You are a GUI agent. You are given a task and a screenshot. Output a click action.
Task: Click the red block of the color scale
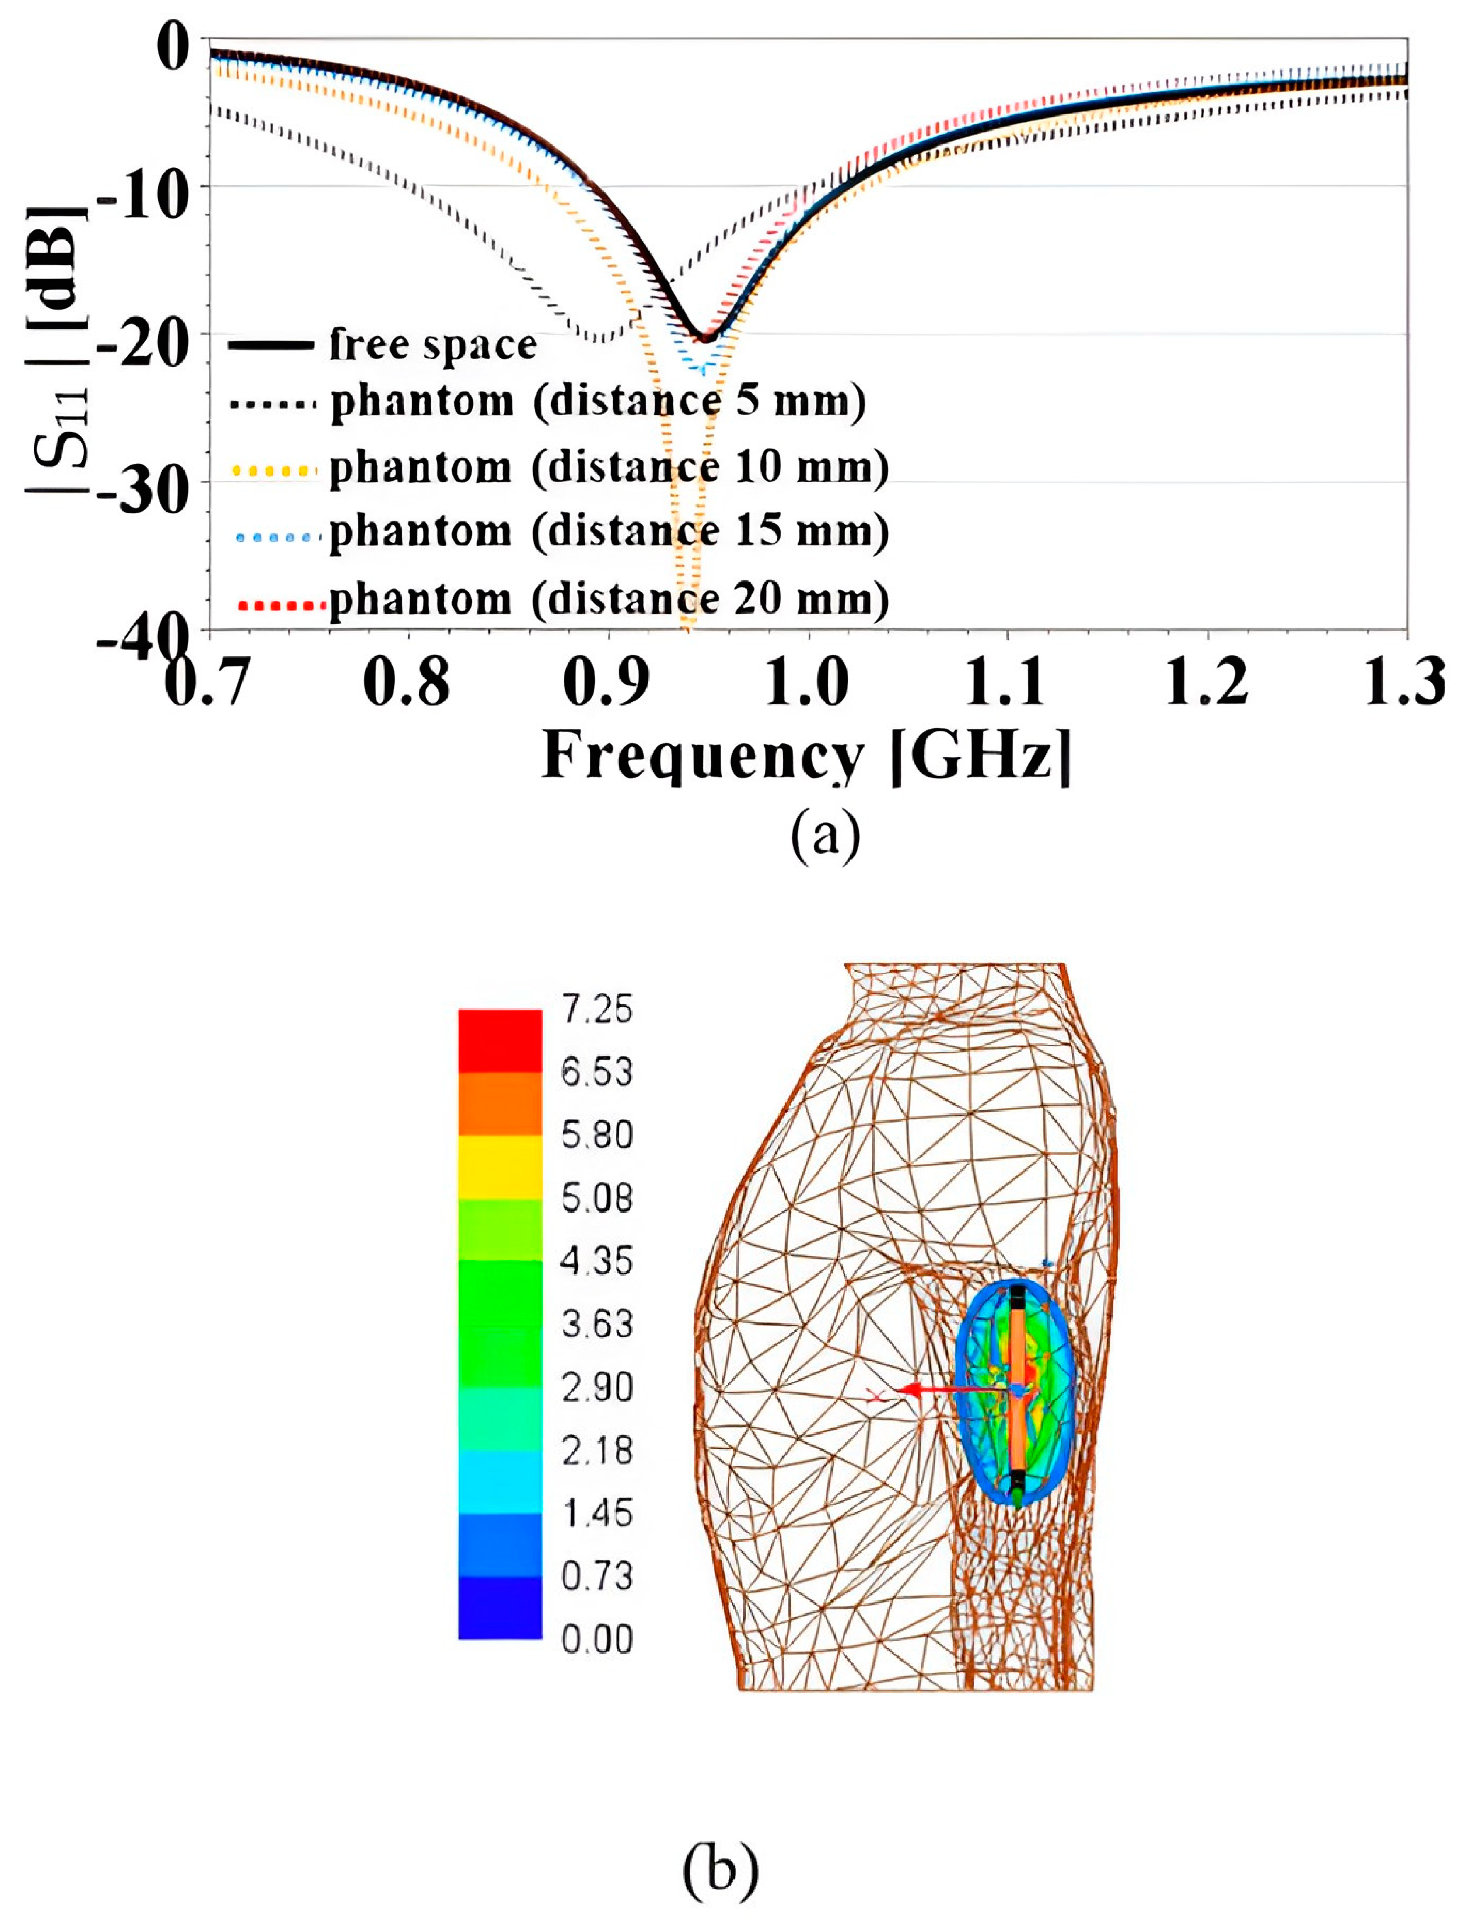[499, 1040]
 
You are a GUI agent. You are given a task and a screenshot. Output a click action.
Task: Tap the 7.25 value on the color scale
[596, 1010]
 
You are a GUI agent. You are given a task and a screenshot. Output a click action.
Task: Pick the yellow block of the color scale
[499, 1167]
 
